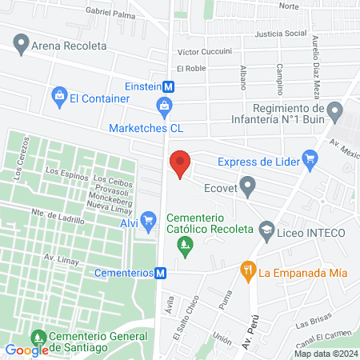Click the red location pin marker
click(181, 163)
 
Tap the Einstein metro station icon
click(169, 86)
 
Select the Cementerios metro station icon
click(162, 273)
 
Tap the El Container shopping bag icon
click(58, 98)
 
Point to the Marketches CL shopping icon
click(164, 106)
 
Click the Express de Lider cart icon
click(310, 160)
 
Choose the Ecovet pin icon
click(248, 190)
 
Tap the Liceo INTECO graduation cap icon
click(266, 232)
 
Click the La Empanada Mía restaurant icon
click(249, 272)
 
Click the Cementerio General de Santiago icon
click(38, 338)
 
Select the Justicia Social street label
click(280, 34)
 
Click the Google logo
click(26, 350)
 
